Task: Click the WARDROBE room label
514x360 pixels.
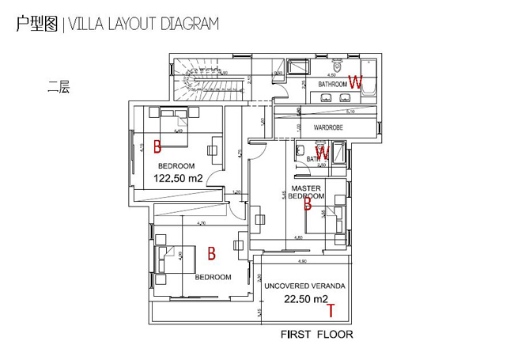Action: click(x=327, y=127)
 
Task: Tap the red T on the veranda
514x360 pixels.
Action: click(x=331, y=310)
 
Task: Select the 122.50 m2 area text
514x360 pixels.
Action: click(x=178, y=179)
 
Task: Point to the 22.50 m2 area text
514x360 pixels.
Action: click(x=306, y=299)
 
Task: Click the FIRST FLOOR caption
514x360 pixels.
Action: click(x=316, y=335)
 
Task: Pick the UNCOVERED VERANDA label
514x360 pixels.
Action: click(x=304, y=286)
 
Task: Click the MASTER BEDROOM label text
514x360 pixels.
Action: click(x=305, y=191)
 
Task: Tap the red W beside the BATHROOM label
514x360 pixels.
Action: click(x=356, y=81)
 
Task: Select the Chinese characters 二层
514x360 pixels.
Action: click(x=59, y=89)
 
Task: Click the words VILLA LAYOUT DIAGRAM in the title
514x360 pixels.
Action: click(x=144, y=24)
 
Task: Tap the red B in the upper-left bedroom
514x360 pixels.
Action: click(x=157, y=146)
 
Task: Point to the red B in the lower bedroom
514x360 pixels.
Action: click(x=211, y=254)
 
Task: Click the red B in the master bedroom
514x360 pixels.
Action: click(x=308, y=204)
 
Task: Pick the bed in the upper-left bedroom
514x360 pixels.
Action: click(x=176, y=121)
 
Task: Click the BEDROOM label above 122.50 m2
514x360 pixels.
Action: click(x=176, y=165)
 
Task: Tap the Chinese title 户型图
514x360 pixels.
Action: click(x=36, y=24)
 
